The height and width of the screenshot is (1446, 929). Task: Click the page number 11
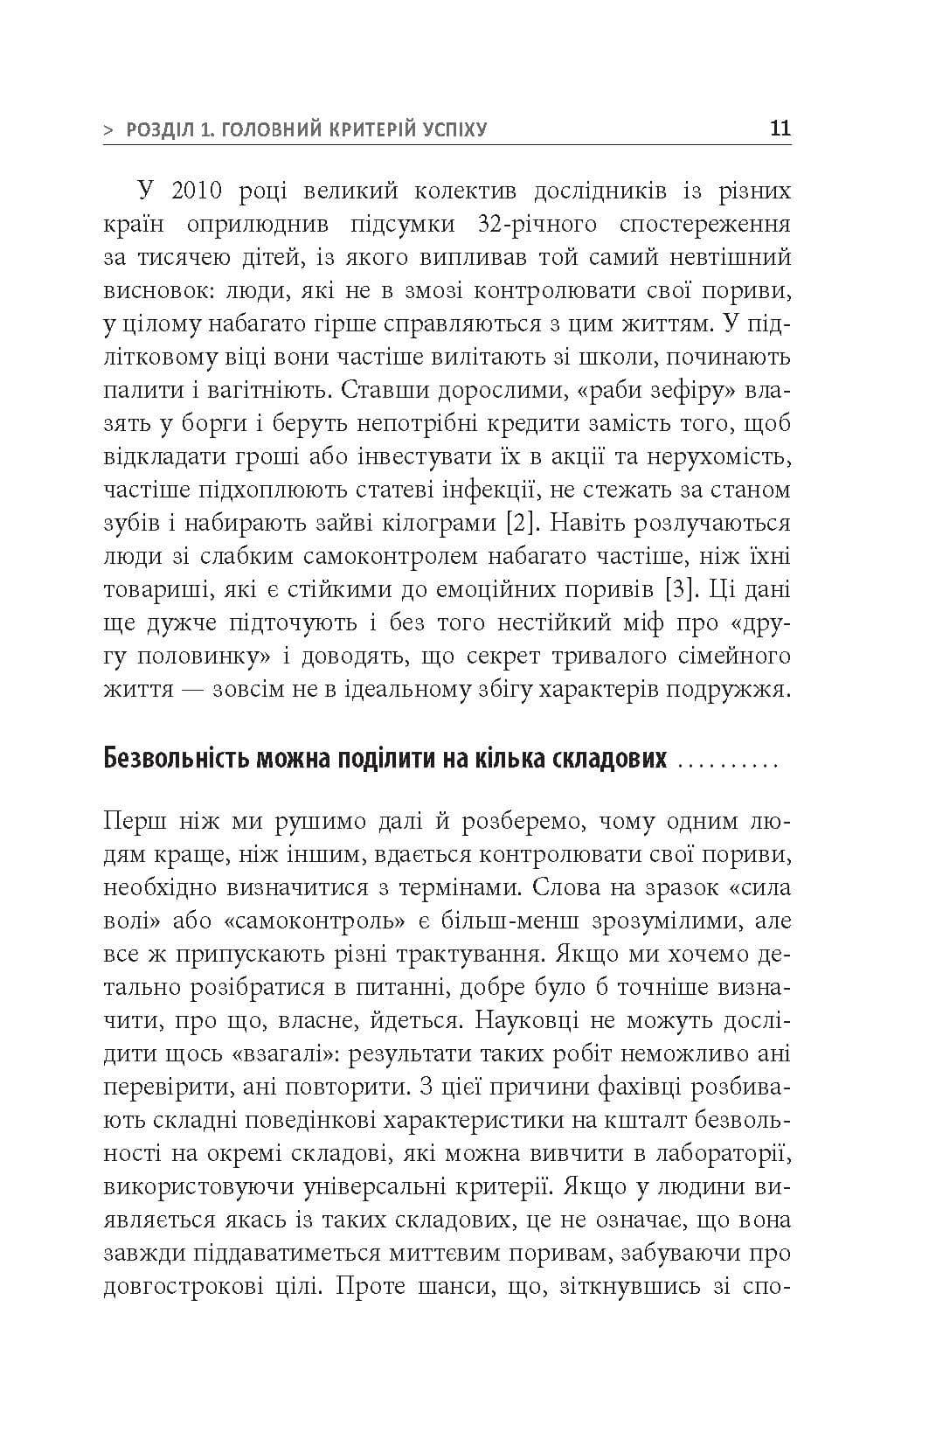(780, 128)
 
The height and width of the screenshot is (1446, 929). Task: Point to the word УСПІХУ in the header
(450, 130)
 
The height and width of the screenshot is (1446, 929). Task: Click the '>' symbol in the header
(108, 130)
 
